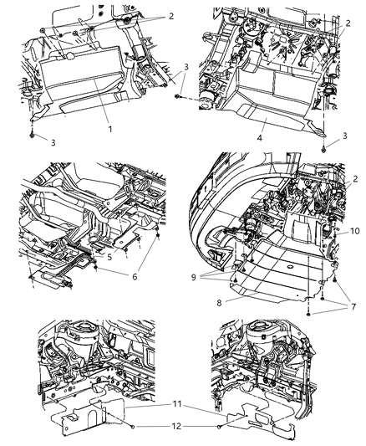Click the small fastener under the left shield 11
(135, 427)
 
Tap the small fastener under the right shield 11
(220, 427)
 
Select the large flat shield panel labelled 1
(79, 84)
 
